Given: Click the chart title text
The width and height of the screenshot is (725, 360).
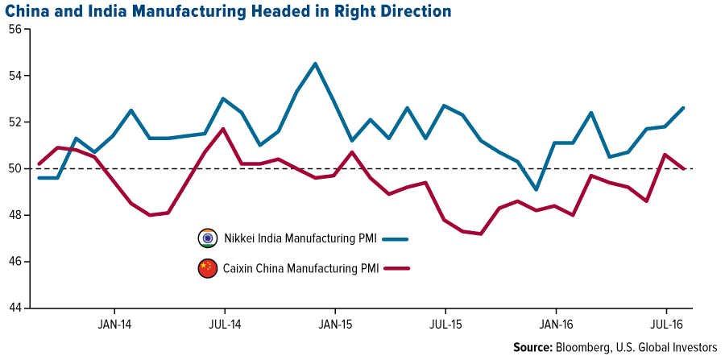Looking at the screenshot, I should (x=226, y=11).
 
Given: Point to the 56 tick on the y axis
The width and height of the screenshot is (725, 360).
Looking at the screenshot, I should (x=15, y=30).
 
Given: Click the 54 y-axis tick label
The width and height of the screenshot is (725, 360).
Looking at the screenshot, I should (x=15, y=76).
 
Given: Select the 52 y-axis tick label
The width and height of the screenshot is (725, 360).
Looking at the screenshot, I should (x=15, y=122).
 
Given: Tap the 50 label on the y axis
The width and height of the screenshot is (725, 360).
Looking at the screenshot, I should (x=15, y=169).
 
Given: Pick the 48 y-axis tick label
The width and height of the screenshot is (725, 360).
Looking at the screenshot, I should (x=15, y=216).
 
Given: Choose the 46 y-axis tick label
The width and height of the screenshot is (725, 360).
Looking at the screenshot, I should (x=15, y=262).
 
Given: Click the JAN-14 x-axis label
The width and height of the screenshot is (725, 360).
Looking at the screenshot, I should (x=114, y=325).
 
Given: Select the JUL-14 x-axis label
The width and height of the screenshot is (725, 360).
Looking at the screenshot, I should (x=224, y=325).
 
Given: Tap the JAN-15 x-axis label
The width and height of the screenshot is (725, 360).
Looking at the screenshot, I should (x=334, y=325).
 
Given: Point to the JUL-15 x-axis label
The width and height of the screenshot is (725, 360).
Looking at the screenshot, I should (x=445, y=325).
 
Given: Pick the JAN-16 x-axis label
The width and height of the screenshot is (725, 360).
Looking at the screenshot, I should (x=555, y=325).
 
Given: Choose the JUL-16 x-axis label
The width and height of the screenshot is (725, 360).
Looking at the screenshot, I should (x=665, y=325).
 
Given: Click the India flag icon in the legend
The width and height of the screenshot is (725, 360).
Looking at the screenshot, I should (x=209, y=239).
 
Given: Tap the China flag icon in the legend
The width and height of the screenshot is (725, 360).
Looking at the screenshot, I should (x=209, y=269).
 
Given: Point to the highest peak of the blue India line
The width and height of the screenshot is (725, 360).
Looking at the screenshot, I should (x=315, y=64).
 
